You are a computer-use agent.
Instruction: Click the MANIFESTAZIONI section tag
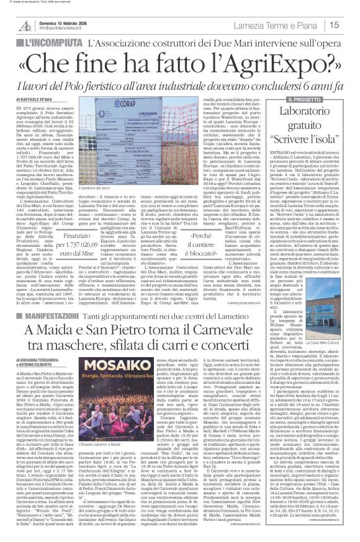40,316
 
